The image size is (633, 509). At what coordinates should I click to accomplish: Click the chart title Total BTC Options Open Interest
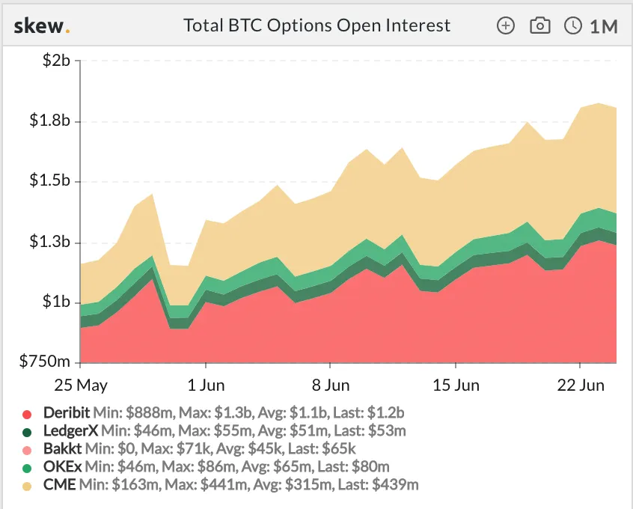317,25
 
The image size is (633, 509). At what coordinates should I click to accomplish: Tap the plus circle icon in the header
507,25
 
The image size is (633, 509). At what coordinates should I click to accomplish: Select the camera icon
539,25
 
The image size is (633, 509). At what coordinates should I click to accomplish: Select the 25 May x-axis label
81,386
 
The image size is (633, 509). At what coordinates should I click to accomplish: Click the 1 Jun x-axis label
205,386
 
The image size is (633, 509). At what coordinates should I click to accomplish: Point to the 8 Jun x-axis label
330,386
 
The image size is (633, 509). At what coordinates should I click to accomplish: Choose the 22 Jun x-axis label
581,386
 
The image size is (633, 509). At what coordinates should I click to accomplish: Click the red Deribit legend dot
28,414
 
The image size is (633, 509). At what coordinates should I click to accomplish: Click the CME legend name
59,484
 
